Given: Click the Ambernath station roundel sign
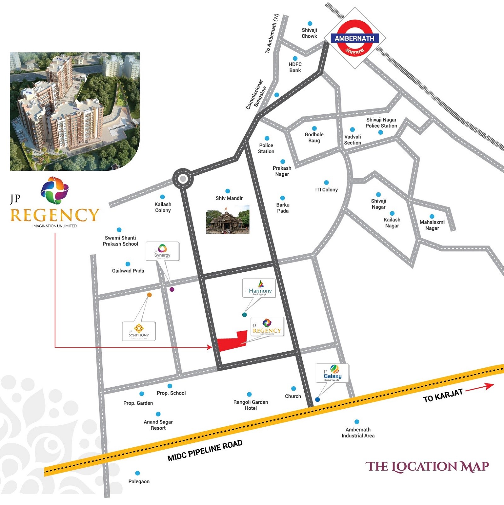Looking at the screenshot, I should pos(355,38).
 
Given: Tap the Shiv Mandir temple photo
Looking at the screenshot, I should pos(228,219).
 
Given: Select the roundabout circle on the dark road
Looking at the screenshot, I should pos(183,179).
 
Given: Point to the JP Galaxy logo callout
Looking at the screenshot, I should pos(332,373).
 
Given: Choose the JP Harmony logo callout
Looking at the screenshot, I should pos(259,288).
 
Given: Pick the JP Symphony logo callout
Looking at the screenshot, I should pos(139,331).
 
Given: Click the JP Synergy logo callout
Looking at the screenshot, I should pos(162,251).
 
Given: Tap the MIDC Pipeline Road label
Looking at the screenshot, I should pos(205,451).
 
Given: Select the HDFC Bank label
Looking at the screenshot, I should pos(295,67).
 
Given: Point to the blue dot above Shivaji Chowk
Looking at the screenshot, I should pos(310,24).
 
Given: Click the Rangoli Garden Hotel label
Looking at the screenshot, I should pos(251,405).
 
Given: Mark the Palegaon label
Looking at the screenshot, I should pos(139,481).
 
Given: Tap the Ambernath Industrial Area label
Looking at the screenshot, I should pos(358,433).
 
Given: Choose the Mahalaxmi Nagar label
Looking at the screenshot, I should pos(432,225).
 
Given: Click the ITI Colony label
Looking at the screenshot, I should pos(326,190).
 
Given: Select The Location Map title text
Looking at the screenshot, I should pos(427,467).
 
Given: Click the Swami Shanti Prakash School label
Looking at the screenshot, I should pos(120,241).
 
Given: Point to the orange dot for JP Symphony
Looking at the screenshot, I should pos(149,295).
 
